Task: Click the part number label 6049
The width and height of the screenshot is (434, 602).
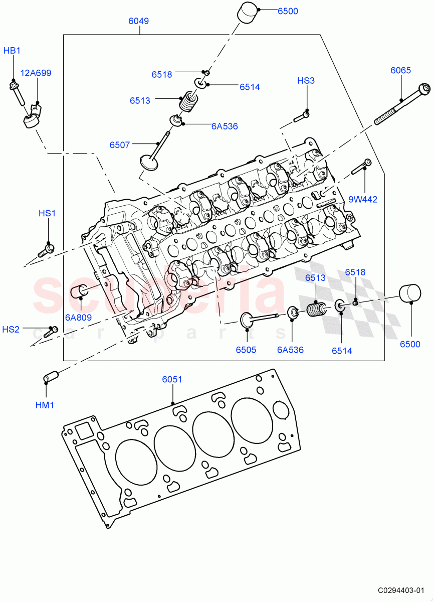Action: (138, 21)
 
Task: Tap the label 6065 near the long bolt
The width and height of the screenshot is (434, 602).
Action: (400, 70)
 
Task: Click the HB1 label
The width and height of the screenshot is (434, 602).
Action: (12, 51)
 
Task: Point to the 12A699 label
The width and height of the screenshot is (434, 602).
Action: (35, 73)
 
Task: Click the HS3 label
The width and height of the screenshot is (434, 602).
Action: (306, 81)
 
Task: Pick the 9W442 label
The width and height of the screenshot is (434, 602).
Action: (363, 199)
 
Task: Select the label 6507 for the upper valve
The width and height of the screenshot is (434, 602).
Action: (120, 145)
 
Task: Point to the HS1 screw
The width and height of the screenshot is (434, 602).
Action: (47, 248)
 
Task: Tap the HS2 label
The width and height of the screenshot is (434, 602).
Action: (11, 330)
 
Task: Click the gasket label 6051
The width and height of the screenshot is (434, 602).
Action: (172, 380)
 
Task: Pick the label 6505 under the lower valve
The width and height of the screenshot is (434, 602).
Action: (246, 350)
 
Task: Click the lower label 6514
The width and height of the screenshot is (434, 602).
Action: (342, 351)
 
